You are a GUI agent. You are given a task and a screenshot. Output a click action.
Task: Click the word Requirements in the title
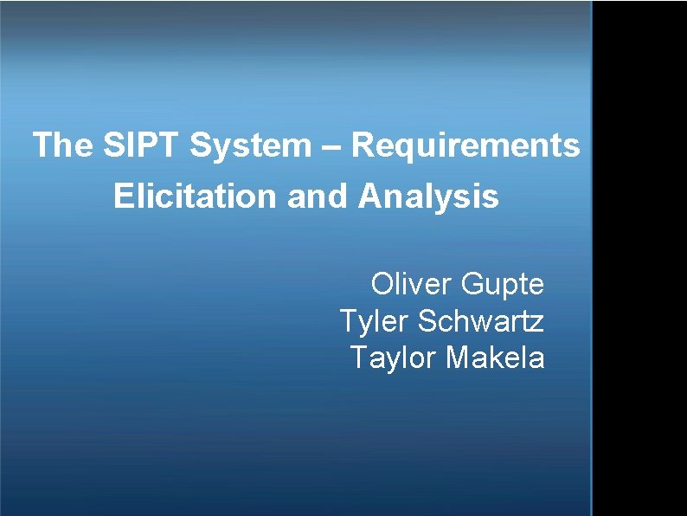465,146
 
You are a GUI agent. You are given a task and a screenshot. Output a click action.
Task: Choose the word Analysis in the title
427,197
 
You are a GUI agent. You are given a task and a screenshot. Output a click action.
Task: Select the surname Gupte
504,285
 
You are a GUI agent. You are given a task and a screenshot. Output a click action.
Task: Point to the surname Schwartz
481,321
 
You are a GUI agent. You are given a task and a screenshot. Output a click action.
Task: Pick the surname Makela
495,357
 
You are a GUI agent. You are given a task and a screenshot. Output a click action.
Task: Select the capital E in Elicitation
122,197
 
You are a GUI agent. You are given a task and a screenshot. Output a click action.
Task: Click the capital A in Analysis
368,197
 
